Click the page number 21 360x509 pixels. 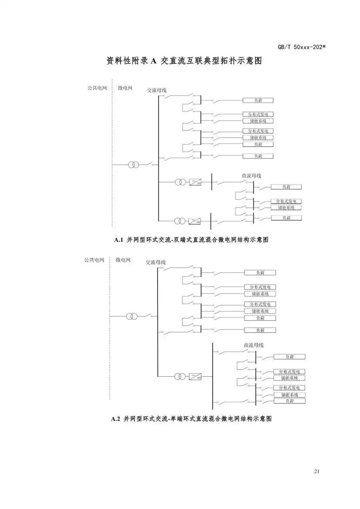(316, 472)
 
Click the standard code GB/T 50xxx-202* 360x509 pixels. (301, 47)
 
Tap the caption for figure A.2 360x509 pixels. (192, 419)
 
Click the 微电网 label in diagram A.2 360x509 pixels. (123, 260)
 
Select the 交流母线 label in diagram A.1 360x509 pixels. (156, 90)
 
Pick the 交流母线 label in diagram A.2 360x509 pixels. (155, 262)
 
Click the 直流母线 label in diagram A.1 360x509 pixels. (252, 176)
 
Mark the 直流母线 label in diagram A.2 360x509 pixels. (254, 345)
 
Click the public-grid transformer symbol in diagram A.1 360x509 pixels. (134, 165)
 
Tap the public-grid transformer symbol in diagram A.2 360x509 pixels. (131, 316)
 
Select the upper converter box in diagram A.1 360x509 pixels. (195, 182)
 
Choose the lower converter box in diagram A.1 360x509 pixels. (195, 221)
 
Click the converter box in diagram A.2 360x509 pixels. (195, 376)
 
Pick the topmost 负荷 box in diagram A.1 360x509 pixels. (258, 100)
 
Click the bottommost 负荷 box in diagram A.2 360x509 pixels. (289, 401)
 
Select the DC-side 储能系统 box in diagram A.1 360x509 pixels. (286, 208)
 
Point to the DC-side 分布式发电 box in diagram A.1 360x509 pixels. (286, 201)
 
